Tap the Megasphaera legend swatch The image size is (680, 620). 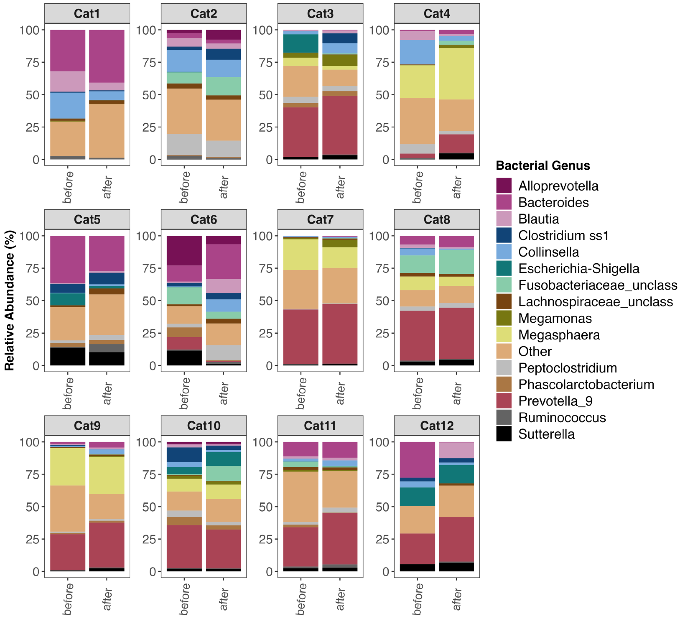(x=504, y=335)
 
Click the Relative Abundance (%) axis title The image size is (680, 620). (x=9, y=300)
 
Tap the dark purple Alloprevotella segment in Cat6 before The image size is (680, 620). (x=184, y=250)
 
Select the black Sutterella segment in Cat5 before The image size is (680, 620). (x=68, y=356)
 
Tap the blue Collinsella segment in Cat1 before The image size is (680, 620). (x=68, y=105)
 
